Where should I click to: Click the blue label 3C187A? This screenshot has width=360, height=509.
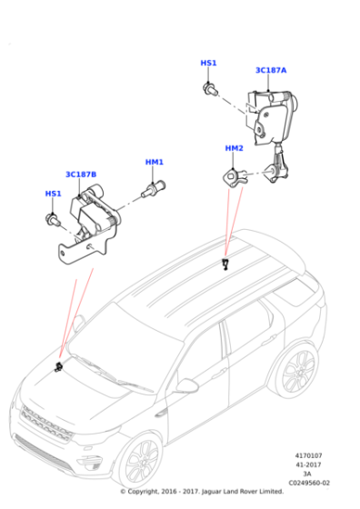[271, 70]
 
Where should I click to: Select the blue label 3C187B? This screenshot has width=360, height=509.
[81, 175]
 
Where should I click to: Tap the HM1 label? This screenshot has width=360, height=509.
[155, 162]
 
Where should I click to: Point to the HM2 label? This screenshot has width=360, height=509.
[234, 148]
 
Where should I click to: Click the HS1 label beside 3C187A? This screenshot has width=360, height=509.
[208, 63]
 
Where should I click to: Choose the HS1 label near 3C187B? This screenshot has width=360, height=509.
[54, 194]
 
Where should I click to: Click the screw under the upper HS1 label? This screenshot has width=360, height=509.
[210, 89]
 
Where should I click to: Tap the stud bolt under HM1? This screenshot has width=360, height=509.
[154, 190]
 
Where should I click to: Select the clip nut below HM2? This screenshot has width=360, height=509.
[235, 177]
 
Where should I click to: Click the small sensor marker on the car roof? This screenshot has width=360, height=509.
[225, 264]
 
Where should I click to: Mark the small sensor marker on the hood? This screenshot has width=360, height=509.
[59, 367]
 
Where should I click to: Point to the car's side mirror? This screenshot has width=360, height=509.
[186, 385]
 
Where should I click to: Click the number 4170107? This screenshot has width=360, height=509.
[308, 455]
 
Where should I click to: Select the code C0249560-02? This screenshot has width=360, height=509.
[309, 483]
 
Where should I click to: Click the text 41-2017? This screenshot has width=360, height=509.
[308, 464]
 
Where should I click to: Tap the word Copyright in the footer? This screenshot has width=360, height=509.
[143, 492]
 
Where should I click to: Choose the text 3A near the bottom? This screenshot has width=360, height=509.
[306, 474]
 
